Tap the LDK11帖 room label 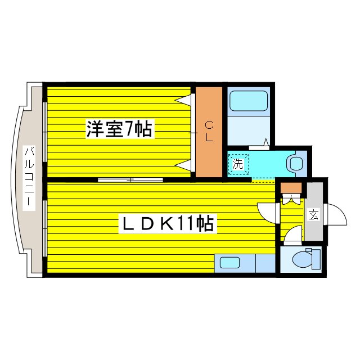[168, 223]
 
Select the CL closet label [209, 132]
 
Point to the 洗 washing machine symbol [238, 164]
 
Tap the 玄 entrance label [313, 215]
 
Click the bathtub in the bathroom [249, 101]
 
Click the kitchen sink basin [229, 263]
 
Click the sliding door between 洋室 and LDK [130, 179]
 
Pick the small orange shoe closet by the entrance [291, 188]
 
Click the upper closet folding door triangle [184, 100]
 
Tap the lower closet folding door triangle [184, 165]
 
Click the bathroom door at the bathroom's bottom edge [259, 147]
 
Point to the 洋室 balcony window [45, 132]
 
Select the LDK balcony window [45, 228]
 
